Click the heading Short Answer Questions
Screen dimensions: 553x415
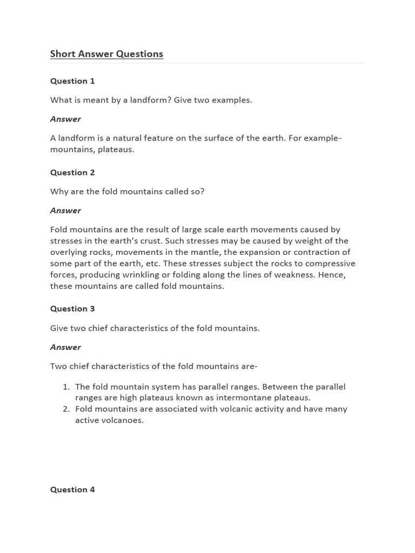(106, 54)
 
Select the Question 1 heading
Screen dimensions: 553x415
(72, 81)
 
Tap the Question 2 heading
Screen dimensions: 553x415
(72, 173)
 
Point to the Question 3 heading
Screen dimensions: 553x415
(72, 309)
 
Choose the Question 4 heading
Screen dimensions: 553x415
(72, 490)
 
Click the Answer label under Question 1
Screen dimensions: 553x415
(65, 119)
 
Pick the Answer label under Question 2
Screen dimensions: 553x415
(65, 211)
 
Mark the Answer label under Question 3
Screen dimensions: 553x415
(65, 347)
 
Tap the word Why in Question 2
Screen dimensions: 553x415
(59, 192)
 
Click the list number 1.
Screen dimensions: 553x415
(66, 387)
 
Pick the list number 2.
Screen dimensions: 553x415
(66, 409)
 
